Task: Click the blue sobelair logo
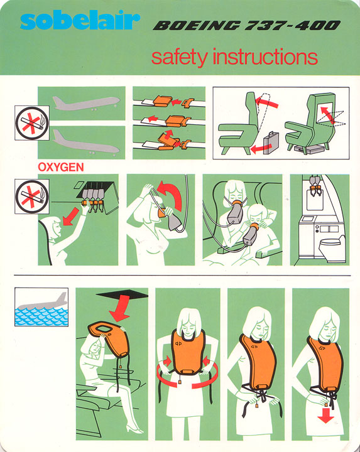pyautogui.click(x=80, y=21)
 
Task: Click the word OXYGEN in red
pyautogui.click(x=61, y=167)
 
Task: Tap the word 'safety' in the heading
pyautogui.click(x=179, y=57)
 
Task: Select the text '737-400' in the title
pyautogui.click(x=293, y=26)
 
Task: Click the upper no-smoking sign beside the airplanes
pyautogui.click(x=32, y=123)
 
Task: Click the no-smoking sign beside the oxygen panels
pyautogui.click(x=32, y=196)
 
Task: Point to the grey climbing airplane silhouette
pyautogui.click(x=86, y=104)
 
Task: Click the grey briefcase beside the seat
pyautogui.click(x=271, y=143)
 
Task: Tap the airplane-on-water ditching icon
pyautogui.click(x=41, y=307)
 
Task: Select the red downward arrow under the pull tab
pyautogui.click(x=325, y=415)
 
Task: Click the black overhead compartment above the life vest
pyautogui.click(x=123, y=294)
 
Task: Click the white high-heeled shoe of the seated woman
pyautogui.click(x=134, y=429)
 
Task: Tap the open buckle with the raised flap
pyautogui.click(x=167, y=140)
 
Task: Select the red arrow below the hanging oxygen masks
pyautogui.click(x=70, y=216)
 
